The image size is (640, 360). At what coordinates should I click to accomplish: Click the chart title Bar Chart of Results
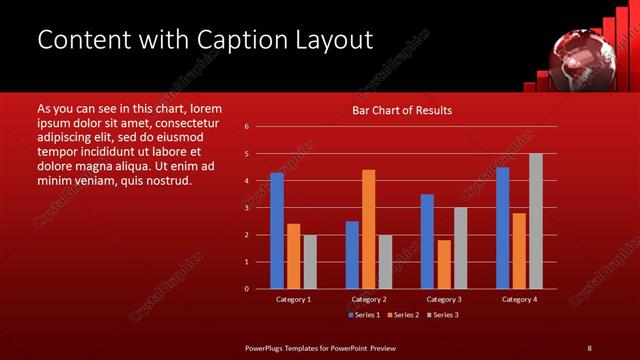pos(402,110)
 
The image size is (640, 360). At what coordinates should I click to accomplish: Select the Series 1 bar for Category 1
pos(276,230)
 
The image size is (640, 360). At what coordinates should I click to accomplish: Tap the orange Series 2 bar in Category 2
pos(368,229)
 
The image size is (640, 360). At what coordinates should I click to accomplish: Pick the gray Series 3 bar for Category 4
pos(536,221)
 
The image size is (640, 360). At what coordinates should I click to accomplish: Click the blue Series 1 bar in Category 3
pos(427,241)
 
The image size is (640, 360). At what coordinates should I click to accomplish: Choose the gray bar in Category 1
pos(310,261)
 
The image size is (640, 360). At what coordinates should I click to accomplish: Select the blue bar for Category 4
pos(502,228)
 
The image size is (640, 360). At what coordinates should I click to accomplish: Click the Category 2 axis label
pos(369,299)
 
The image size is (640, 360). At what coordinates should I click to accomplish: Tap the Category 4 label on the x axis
pos(519,299)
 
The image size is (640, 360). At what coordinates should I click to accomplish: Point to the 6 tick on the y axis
pos(247,127)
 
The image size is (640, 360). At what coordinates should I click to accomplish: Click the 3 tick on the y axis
pos(247,208)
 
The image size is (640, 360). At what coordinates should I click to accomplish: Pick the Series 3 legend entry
pos(442,315)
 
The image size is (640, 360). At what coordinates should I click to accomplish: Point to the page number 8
pos(589,348)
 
